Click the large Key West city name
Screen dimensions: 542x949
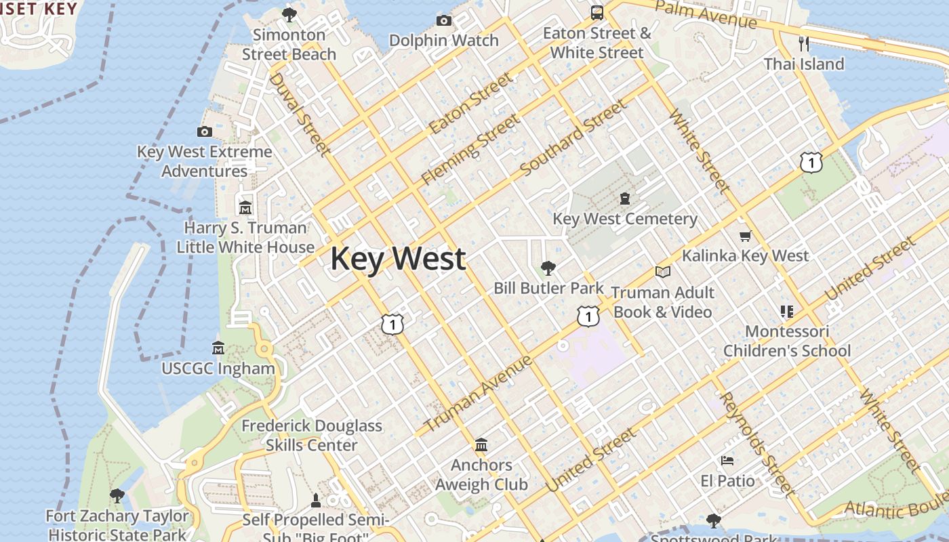pos(398,259)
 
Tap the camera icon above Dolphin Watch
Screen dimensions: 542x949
pos(444,20)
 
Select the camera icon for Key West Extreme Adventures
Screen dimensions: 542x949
pos(205,131)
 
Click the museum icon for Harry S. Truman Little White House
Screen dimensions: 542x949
pos(245,207)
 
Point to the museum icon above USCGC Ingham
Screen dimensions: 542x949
pos(218,348)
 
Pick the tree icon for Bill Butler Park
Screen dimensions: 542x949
pos(548,268)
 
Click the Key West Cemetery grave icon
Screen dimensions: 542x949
pos(624,199)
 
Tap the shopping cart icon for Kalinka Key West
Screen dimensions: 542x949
pos(745,236)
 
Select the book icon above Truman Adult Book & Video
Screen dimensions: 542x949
pos(662,272)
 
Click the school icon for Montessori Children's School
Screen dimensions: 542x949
pos(786,312)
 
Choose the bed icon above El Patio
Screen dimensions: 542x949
pos(727,461)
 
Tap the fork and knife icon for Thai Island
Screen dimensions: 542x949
pos(804,44)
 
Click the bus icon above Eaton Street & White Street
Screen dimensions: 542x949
pos(597,12)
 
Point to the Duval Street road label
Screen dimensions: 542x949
pos(299,114)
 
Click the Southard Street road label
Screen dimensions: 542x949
pos(573,138)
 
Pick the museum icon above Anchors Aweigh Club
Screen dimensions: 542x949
pos(481,445)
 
